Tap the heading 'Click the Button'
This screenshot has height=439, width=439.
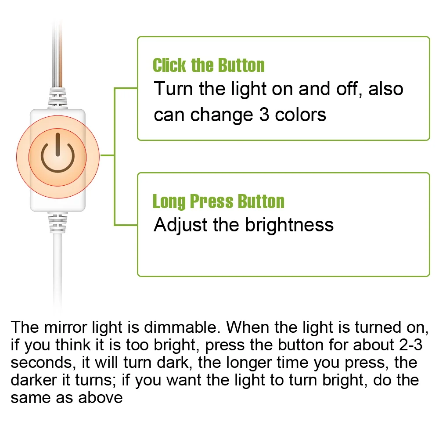point(209,66)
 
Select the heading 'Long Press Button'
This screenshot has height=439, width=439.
point(218,202)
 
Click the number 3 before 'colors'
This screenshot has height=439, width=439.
point(262,115)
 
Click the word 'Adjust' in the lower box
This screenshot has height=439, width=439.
point(180,225)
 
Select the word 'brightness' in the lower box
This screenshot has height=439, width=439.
point(289,225)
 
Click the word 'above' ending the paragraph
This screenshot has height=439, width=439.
point(101,398)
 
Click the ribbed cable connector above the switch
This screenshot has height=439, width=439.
point(58,97)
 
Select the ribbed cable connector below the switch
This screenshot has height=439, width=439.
point(58,222)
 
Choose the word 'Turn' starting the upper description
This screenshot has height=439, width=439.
point(174,89)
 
